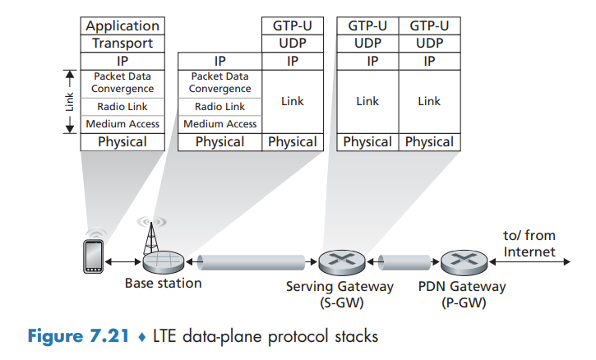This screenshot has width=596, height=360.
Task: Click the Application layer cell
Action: (122, 26)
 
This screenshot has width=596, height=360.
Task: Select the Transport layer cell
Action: (122, 44)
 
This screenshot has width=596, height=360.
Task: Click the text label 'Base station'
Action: (163, 284)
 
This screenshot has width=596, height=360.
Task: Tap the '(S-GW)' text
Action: (340, 302)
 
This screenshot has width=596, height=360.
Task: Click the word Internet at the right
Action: (529, 252)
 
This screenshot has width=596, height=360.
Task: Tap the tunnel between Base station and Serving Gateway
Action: (249, 261)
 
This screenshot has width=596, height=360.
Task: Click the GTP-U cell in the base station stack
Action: (293, 26)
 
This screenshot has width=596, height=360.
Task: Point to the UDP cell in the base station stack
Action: (293, 44)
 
